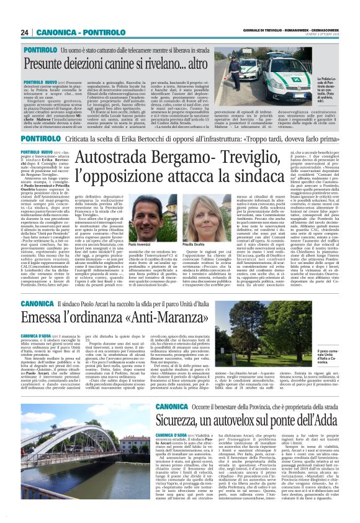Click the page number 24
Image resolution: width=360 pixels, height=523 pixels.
click(24, 32)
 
